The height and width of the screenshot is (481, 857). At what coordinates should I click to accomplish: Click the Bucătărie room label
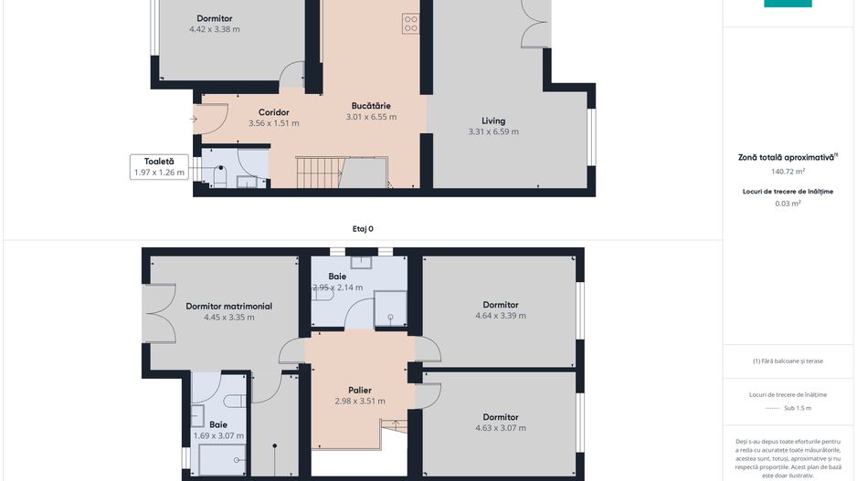371,106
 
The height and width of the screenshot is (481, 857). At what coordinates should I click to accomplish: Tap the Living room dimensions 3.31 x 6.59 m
493,132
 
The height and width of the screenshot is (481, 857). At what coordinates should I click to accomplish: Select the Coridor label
273,112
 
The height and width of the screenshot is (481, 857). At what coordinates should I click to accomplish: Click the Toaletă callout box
159,166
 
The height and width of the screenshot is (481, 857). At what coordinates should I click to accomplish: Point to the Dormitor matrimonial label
228,307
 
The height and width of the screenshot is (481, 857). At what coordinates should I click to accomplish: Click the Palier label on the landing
359,390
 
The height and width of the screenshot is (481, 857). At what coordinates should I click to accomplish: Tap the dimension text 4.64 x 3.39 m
500,316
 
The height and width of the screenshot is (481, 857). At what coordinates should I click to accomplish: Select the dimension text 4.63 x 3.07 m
500,428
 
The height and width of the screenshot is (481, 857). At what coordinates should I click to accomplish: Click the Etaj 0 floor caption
363,229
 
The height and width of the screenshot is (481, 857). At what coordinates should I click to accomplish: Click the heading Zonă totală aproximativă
786,157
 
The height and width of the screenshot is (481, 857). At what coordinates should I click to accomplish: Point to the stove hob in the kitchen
410,25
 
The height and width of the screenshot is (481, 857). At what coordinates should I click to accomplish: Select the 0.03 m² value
788,204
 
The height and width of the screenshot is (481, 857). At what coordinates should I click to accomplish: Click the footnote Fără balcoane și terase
788,361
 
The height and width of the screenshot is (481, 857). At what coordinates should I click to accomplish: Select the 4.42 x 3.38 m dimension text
215,29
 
